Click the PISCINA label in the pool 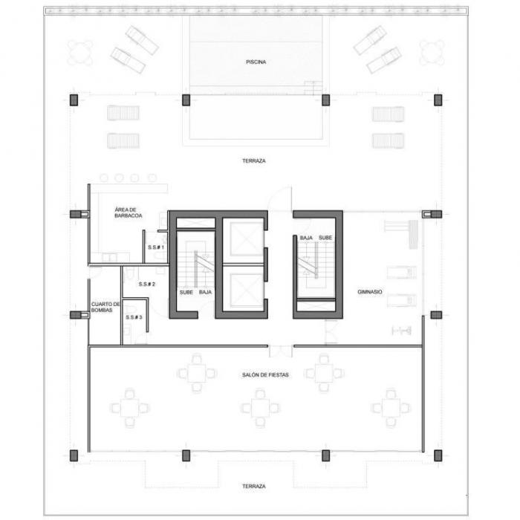tap(256, 62)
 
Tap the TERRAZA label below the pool tap(254, 161)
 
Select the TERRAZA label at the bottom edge tap(254, 486)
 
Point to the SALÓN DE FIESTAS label tap(265, 375)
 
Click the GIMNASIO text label tap(370, 292)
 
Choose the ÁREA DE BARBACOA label tap(129, 212)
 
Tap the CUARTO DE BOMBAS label tap(105, 307)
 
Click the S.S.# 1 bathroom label tap(156, 247)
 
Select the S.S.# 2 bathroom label tap(146, 285)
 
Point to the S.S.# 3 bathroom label tap(134, 317)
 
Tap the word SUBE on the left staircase tap(186, 293)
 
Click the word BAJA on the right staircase tap(306, 238)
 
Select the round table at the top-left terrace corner tap(80, 53)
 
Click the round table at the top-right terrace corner tap(432, 53)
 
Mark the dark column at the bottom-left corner tap(74, 455)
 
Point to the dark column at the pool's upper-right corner tap(325, 100)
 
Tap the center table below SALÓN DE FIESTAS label tap(260, 408)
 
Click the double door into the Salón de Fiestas tap(281, 351)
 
